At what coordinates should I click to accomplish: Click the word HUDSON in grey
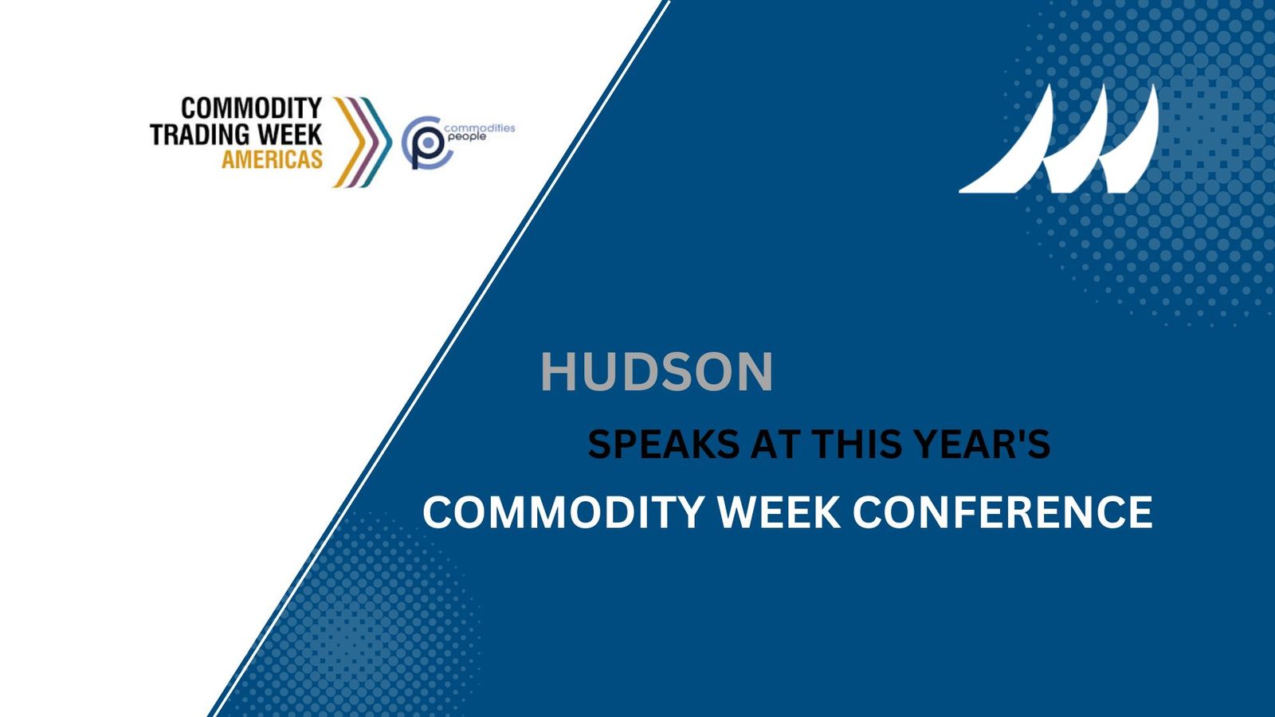(657, 371)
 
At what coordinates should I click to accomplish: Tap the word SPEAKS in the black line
(664, 445)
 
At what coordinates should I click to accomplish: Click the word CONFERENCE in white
(1002, 511)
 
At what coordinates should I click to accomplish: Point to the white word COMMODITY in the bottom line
(563, 511)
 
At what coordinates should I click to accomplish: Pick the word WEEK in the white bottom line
(779, 511)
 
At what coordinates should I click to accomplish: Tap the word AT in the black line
(775, 445)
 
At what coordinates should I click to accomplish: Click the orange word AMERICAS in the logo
(272, 159)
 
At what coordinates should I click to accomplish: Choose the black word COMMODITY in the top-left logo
(251, 108)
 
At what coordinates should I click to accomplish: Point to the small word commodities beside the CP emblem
(480, 127)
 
